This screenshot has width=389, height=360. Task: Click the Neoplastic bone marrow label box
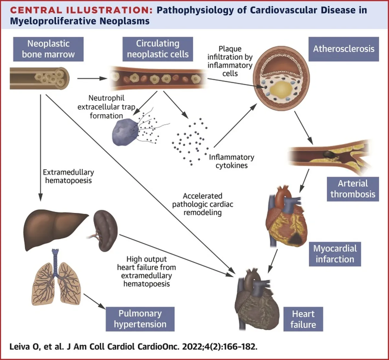pos(48,49)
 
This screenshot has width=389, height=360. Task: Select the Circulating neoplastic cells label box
pos(158,49)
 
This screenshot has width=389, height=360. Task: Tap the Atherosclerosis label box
pos(344,49)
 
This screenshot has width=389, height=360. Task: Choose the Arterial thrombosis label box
pos(353,189)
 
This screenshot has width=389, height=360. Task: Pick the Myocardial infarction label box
pos(335,254)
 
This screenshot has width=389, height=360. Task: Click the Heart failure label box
pos(303,319)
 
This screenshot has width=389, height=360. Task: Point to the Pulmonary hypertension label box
pos(140,319)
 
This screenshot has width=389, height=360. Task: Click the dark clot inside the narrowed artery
pos(329,154)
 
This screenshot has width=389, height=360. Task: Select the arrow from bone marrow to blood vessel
pos(92,78)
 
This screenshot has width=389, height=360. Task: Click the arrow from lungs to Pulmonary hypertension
pos(94,301)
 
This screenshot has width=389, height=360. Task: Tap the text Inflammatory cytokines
pos(231,161)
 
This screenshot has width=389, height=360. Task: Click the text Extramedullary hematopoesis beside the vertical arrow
pos(68,176)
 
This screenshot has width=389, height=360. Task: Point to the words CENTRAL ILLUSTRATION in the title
pos(81,10)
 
